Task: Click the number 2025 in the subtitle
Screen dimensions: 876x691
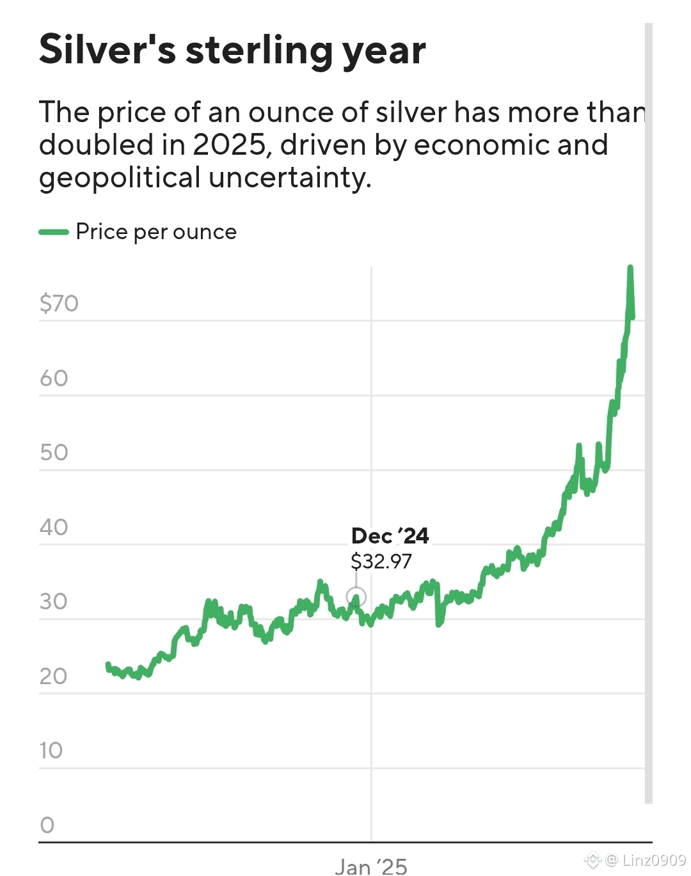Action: coord(228,145)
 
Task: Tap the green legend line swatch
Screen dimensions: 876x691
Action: coord(54,232)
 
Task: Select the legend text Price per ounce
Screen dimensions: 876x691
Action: coord(156,232)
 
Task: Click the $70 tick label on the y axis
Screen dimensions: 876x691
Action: coord(59,303)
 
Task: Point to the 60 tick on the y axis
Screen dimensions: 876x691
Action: coord(54,379)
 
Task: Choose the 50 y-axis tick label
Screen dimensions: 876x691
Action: coord(54,453)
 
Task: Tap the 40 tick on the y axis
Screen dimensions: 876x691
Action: coord(54,528)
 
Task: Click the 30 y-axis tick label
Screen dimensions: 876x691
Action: coord(54,602)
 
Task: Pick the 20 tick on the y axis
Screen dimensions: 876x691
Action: coord(54,677)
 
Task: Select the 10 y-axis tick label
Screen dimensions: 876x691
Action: coord(51,751)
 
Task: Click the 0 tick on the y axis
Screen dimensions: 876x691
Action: coord(47,825)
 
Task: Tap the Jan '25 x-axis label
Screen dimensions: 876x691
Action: coord(371,866)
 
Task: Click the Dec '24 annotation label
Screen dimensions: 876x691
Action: coord(390,536)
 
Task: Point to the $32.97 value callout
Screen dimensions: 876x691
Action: coord(381,561)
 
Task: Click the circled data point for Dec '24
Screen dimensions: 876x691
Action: coord(356,597)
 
